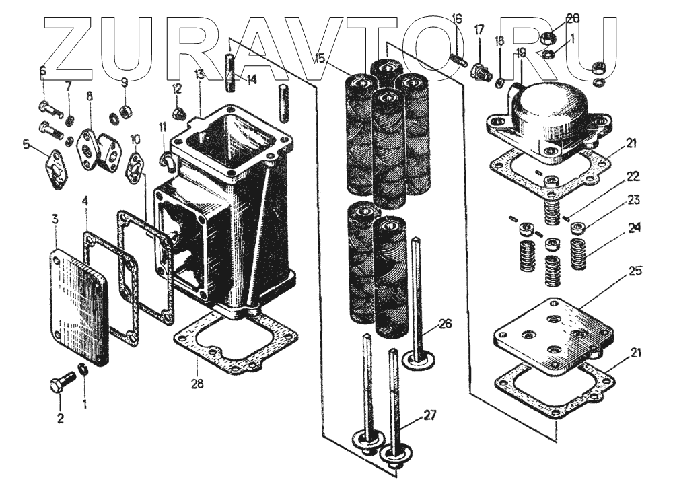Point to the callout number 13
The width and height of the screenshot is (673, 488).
(199, 73)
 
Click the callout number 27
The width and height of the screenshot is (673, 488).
(429, 415)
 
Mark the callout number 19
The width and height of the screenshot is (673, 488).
(520, 53)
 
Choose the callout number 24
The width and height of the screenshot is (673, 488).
(633, 228)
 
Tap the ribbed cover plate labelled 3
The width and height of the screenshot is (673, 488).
(78, 306)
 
